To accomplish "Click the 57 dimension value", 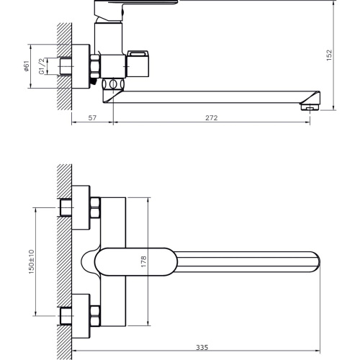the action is (92, 118).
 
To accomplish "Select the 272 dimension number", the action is (212, 118).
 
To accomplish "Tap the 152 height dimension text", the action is (329, 55).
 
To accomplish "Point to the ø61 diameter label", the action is (26, 66).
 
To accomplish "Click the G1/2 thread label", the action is (42, 66).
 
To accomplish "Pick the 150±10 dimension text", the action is (32, 262).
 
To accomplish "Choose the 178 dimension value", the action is (143, 261).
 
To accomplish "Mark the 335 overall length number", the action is (202, 347).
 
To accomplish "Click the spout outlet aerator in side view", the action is (310, 107).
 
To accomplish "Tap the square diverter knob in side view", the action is (138, 64).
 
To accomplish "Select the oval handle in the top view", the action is (136, 262).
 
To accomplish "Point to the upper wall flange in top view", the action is (81, 207).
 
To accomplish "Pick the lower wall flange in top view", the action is (81, 316).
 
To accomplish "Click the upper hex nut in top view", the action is (95, 207).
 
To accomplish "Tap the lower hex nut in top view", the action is (95, 316).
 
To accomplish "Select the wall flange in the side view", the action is (81, 66).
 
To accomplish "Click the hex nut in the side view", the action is (95, 66).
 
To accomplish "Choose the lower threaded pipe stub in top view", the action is (66, 316).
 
